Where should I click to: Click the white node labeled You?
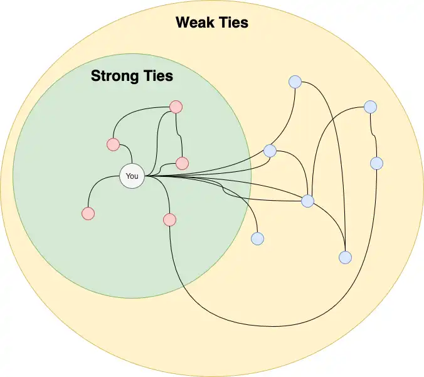[x=132, y=176]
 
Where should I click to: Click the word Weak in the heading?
[x=193, y=22]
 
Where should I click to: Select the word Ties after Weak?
[x=231, y=22]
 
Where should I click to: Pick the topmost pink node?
[x=176, y=107]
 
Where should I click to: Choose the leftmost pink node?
[x=88, y=213]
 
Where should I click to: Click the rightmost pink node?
[x=183, y=163]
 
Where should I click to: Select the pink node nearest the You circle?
[x=114, y=144]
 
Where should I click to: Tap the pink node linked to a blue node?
[x=170, y=220]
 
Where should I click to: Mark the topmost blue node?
[x=295, y=82]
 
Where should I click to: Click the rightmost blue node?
[x=377, y=163]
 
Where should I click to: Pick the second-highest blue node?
[x=371, y=107]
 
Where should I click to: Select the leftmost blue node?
[x=257, y=238]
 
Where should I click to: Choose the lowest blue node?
[x=346, y=257]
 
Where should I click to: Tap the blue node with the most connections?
[x=308, y=201]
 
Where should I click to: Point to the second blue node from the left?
[x=270, y=151]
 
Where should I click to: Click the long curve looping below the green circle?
[x=270, y=326]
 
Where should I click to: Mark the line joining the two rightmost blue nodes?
[x=373, y=135]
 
